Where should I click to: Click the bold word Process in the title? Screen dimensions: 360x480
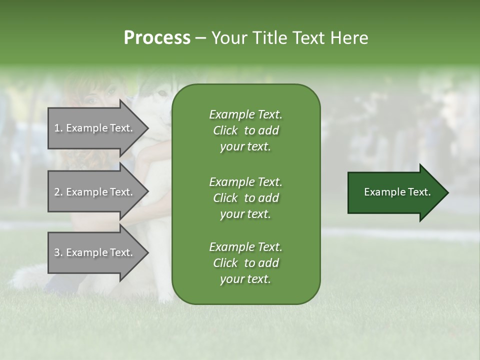pos(157,38)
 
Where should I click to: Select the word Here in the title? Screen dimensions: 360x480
pos(349,38)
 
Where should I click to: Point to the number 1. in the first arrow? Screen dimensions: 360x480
pos(58,128)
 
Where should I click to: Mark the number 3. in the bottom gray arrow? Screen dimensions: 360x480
pos(58,253)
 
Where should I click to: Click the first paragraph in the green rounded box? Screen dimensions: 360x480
pos(245,130)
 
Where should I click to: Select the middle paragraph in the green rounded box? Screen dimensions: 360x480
pos(245,198)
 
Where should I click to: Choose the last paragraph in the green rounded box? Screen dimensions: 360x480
pos(245,263)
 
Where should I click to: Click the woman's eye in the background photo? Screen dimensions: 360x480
pos(92,99)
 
